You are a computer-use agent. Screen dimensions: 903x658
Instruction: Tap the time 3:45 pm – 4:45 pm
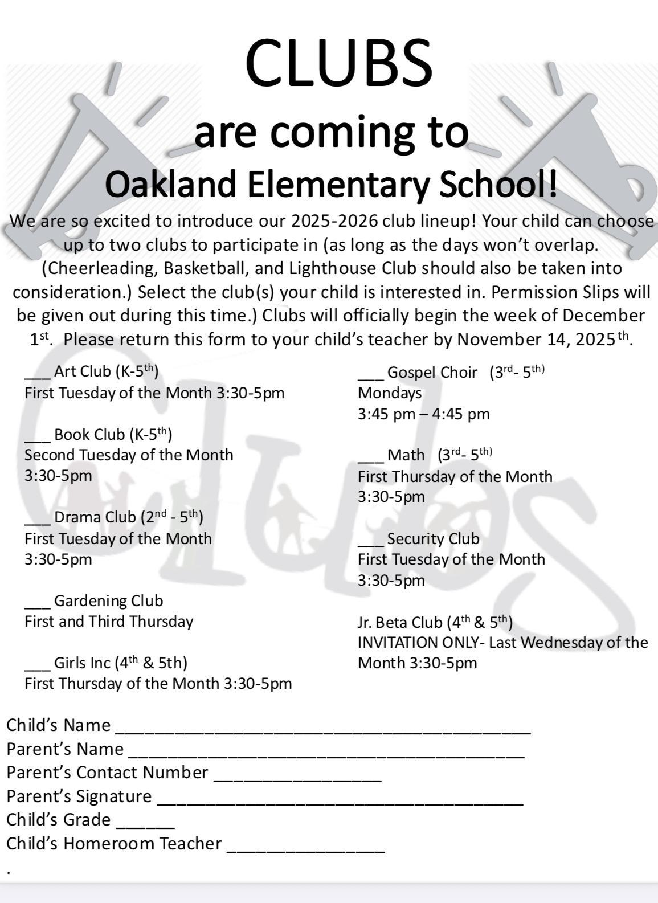click(x=423, y=414)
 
